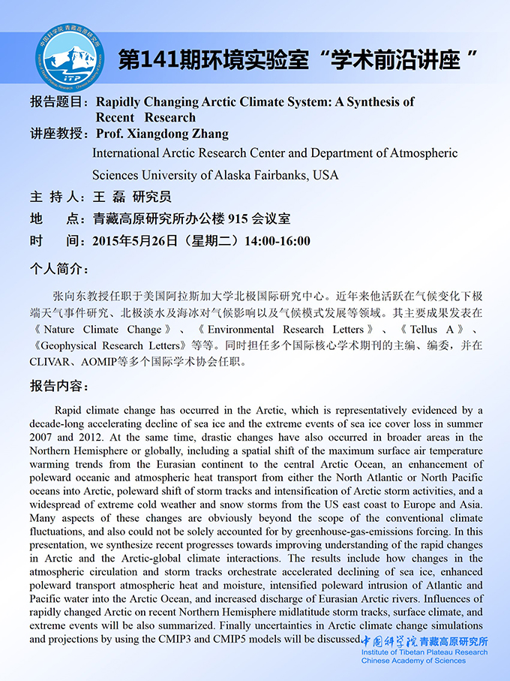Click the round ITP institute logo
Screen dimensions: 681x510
pyautogui.click(x=65, y=59)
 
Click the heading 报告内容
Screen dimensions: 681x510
pyautogui.click(x=59, y=386)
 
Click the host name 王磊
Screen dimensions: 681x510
pyautogui.click(x=108, y=197)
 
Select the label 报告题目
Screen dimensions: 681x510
pyautogui.click(x=59, y=101)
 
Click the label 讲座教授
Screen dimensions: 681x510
pyautogui.click(x=59, y=134)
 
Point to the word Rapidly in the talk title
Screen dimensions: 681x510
pyautogui.click(x=122, y=101)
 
